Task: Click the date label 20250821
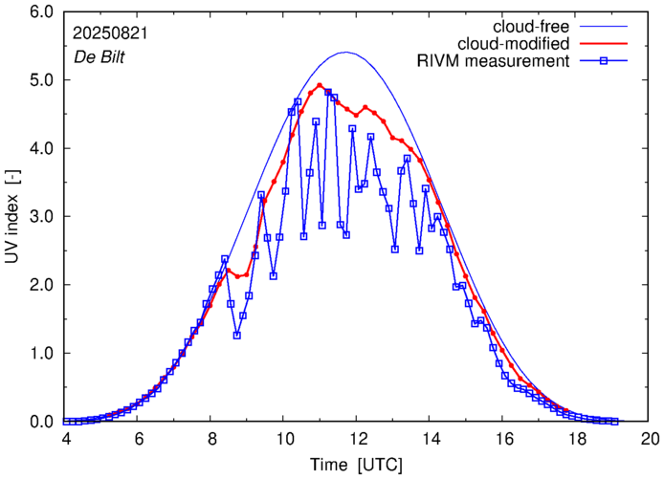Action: tap(109, 33)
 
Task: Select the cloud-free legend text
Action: tap(528, 25)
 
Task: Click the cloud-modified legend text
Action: tap(515, 43)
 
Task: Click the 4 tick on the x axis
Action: tap(66, 439)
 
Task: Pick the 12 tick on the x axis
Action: tap(358, 439)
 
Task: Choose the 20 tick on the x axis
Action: tap(650, 439)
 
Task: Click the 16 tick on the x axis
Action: tap(503, 439)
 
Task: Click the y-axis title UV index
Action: tap(12, 217)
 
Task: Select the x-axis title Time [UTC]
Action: tap(358, 464)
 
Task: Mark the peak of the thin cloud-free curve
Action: tap(346, 53)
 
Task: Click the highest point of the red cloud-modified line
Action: tap(320, 85)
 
